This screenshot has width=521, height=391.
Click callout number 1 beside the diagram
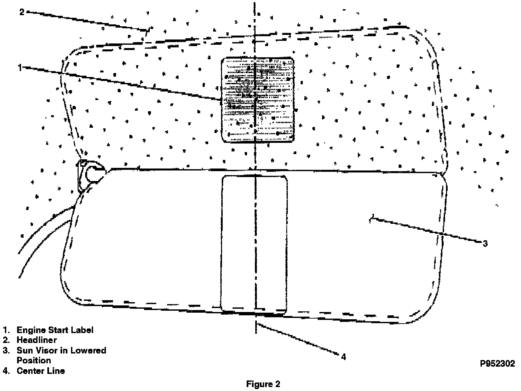pos(20,68)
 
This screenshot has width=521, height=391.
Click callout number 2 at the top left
pos(22,12)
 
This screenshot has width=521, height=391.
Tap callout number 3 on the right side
pos(485,244)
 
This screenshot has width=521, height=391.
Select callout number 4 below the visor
pos(343,357)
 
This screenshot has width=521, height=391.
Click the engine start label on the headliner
pos(258,100)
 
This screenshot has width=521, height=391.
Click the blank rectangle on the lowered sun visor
pos(254,244)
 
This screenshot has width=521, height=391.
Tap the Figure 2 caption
pos(263,384)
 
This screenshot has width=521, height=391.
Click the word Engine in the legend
pos(31,330)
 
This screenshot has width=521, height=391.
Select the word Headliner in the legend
pos(37,340)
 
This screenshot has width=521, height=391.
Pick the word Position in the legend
pos(34,360)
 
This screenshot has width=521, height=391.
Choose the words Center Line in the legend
pos(41,371)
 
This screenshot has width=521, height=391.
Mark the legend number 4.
pos(6,371)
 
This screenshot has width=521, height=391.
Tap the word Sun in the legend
pos(24,350)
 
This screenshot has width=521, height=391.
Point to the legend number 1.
pos(6,330)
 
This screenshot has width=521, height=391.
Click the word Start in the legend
pos(58,330)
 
